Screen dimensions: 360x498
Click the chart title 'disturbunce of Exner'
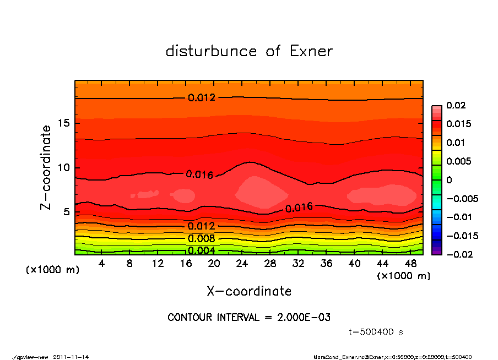click(x=249, y=51)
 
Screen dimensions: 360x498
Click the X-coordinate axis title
click(x=249, y=291)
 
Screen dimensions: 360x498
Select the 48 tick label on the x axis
click(x=410, y=264)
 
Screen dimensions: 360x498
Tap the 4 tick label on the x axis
click(x=101, y=264)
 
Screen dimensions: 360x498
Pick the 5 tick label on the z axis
click(x=66, y=212)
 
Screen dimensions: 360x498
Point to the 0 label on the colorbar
click(x=449, y=180)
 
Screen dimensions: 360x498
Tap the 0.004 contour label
click(x=201, y=250)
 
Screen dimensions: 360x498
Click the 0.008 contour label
click(x=201, y=238)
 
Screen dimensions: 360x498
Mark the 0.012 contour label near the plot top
click(x=202, y=98)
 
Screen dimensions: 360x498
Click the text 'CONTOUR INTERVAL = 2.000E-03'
click(x=249, y=318)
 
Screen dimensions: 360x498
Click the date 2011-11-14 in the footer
click(x=71, y=357)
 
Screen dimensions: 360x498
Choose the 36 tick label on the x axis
click(x=326, y=264)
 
